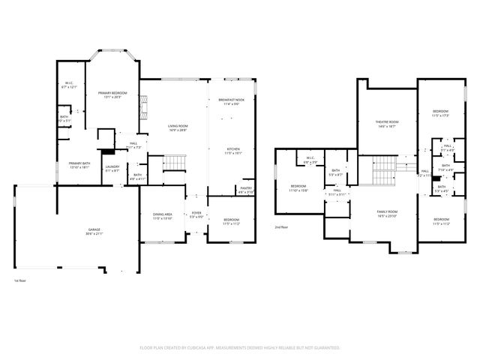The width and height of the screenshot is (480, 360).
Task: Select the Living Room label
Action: point(177,126)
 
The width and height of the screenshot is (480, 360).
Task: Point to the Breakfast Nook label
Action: point(231,101)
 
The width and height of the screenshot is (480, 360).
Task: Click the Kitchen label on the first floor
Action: point(233,150)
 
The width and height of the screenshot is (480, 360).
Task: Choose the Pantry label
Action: point(246,190)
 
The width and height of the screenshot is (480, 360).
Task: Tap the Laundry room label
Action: point(112,168)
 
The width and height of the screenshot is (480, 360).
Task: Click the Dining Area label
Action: point(163,215)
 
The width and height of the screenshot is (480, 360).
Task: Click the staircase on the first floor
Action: point(174,162)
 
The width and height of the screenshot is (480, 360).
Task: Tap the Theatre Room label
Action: point(387,123)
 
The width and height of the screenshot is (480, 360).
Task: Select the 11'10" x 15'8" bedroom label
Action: point(298,187)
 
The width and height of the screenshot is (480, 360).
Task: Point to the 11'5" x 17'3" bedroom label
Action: point(440,112)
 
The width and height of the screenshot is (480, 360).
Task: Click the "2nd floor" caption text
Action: point(281,226)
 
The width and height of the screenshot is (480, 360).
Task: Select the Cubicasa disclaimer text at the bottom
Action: point(240,348)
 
